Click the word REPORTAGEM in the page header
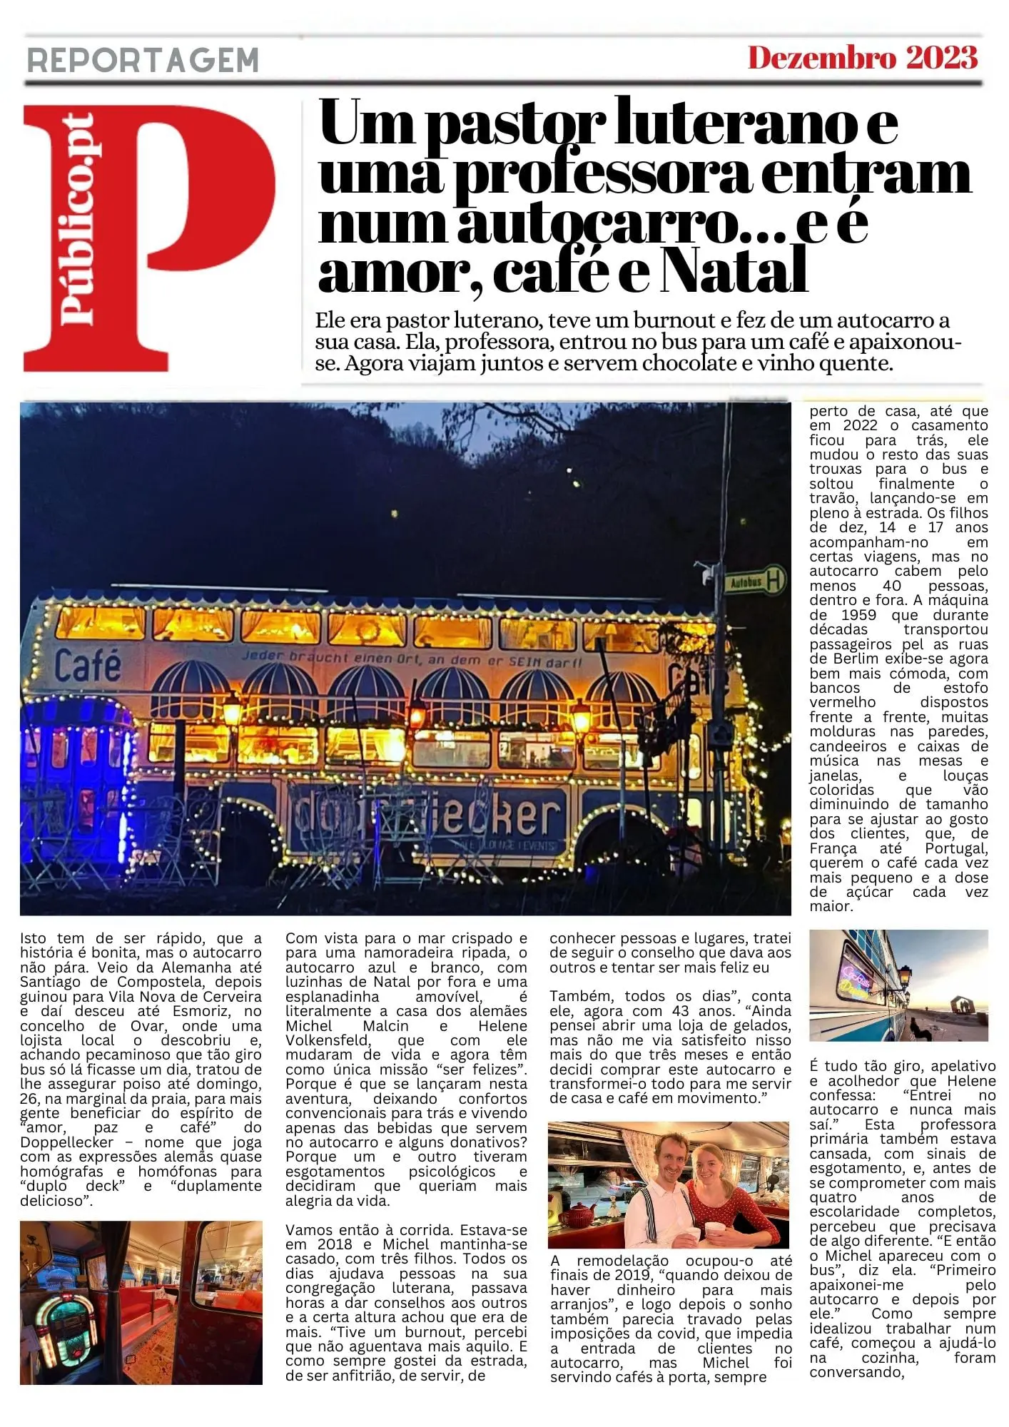tap(143, 60)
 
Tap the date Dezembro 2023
tap(862, 58)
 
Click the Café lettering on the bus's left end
tap(88, 665)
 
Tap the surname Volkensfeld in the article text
tap(328, 1040)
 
